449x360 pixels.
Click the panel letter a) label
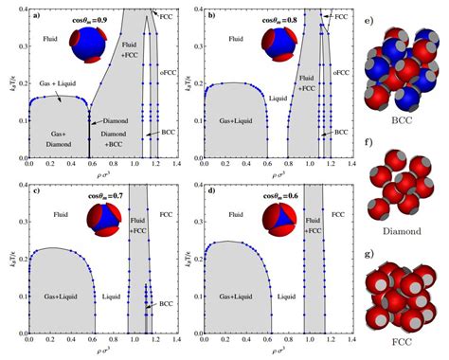[33, 16]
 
